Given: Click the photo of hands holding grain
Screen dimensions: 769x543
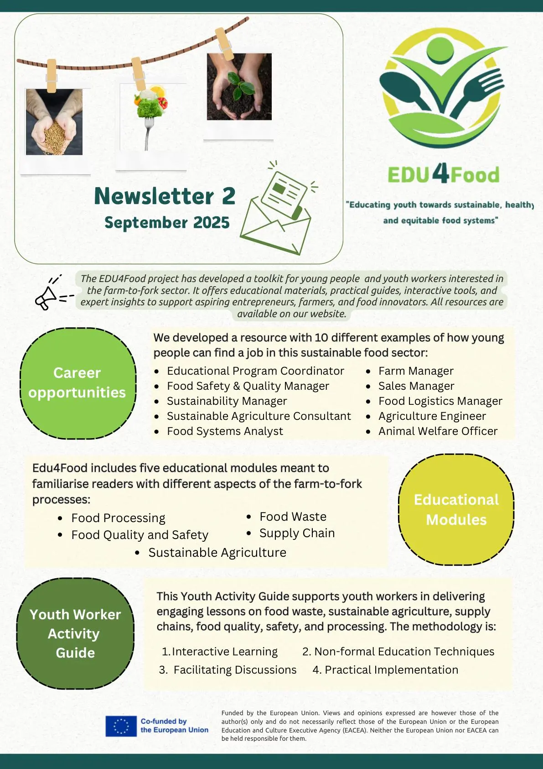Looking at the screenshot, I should tap(54, 122).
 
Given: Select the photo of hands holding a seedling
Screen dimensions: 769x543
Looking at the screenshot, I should tap(239, 87).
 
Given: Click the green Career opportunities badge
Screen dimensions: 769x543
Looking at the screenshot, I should tap(78, 383).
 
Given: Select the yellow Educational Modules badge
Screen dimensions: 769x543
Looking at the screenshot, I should tap(456, 509).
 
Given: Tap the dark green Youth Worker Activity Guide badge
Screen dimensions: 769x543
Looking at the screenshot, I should tap(75, 633).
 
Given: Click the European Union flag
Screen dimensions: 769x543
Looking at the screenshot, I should tap(121, 726).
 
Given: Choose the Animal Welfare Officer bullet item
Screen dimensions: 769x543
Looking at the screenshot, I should tap(437, 431).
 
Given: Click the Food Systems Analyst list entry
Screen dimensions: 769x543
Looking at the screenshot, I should tap(225, 431).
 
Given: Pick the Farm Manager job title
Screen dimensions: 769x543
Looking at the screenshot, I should tap(415, 371).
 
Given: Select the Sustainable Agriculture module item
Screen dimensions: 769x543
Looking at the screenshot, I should tap(217, 553).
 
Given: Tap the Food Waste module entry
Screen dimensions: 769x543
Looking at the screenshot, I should tap(293, 517).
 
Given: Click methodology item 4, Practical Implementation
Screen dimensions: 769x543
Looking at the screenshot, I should tap(391, 670).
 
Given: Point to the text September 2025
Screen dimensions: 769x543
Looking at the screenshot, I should tap(167, 223).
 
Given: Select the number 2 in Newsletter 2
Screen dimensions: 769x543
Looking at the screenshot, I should tap(228, 196).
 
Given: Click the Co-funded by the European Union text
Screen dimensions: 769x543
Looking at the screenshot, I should tap(174, 726).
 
